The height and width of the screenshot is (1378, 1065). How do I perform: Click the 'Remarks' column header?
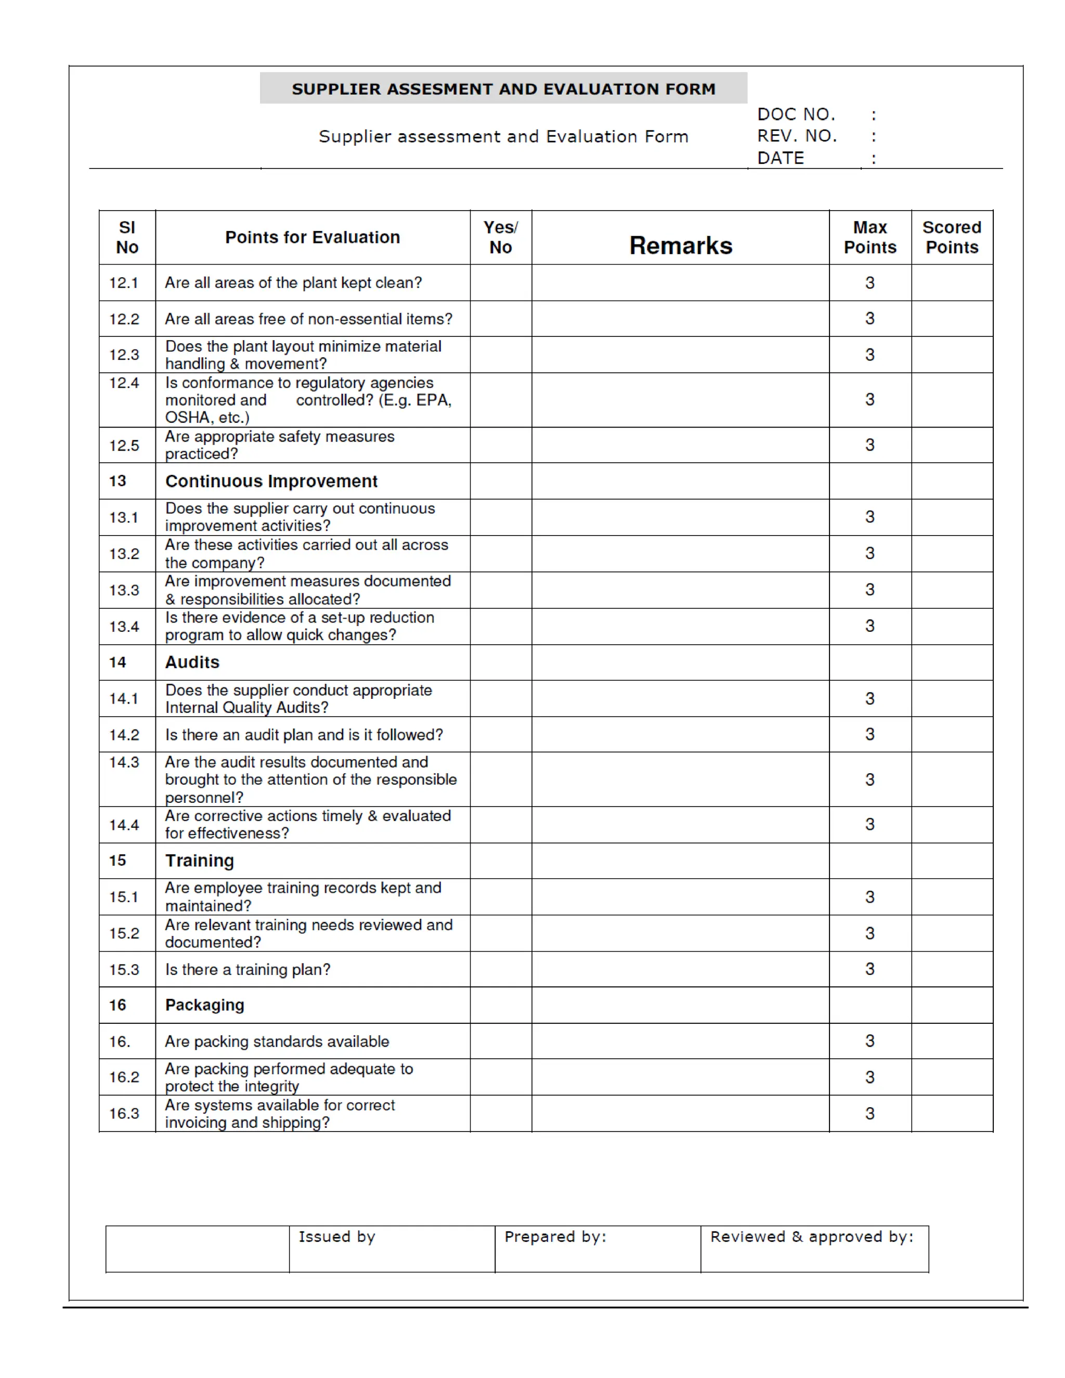[680, 245]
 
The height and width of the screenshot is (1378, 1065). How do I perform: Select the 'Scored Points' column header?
[952, 237]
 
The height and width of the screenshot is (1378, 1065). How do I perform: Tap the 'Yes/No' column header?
[500, 237]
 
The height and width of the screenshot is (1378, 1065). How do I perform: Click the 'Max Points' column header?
[869, 237]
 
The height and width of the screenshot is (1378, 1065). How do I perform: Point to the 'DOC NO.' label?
[796, 114]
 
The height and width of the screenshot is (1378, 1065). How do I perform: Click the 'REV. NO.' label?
[797, 136]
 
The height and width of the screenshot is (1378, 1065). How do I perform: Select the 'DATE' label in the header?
[781, 158]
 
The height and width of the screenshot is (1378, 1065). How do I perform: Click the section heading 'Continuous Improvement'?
[271, 482]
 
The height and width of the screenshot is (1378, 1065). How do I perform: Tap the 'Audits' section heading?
[192, 662]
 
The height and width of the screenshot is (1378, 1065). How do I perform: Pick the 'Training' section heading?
[199, 861]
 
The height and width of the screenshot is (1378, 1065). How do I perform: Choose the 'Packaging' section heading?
[204, 1005]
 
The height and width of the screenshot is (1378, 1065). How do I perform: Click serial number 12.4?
[124, 383]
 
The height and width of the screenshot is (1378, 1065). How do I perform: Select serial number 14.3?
[124, 762]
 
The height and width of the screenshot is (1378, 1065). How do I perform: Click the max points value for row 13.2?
[869, 553]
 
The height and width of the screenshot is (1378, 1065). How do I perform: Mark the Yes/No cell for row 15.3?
[500, 969]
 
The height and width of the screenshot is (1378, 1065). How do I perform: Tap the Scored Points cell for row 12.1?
[952, 283]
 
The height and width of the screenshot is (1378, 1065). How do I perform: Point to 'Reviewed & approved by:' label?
[811, 1237]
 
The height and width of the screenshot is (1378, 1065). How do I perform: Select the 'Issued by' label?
[337, 1237]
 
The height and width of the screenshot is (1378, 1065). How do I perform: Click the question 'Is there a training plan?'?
[248, 970]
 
